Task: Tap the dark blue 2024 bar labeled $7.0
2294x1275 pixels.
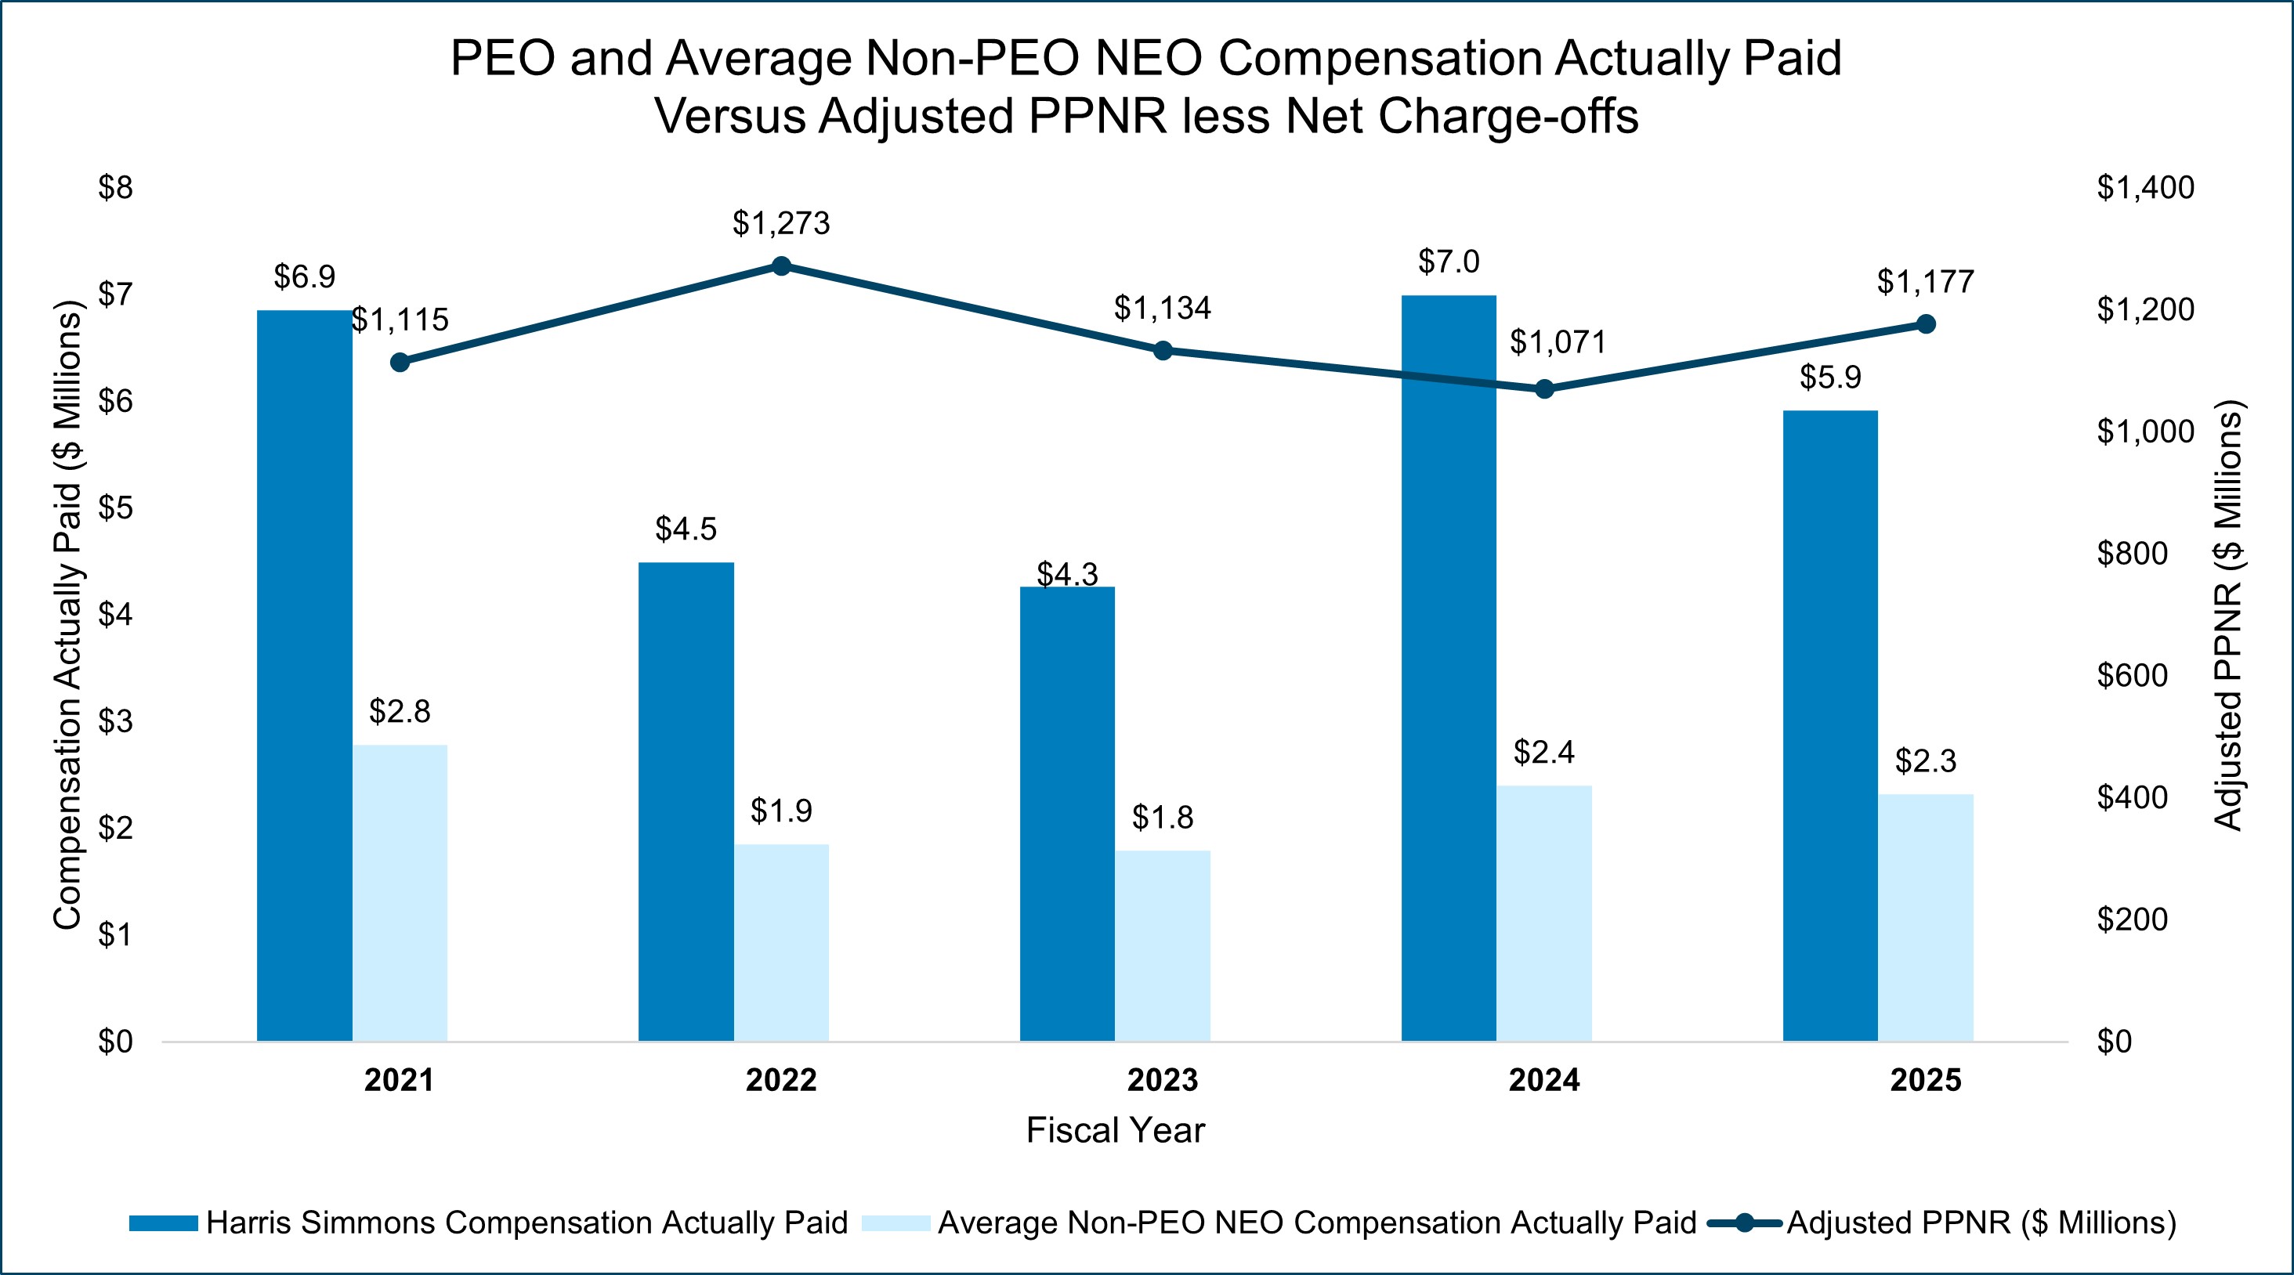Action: [x=1449, y=668]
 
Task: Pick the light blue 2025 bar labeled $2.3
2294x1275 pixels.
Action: [x=1925, y=917]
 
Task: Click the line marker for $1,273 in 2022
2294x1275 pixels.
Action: [x=781, y=266]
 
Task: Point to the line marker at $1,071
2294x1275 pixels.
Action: [x=1545, y=389]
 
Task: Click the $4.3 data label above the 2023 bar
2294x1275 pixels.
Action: [x=1067, y=574]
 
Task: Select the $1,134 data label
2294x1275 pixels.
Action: [x=1162, y=308]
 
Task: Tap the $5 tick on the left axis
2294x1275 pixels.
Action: [x=115, y=507]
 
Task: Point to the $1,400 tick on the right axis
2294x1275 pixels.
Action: [x=2144, y=188]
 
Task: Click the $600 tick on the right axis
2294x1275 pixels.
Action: [x=2132, y=676]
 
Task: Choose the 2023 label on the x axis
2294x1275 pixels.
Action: [x=1162, y=1080]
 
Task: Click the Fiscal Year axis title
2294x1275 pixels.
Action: [x=1115, y=1131]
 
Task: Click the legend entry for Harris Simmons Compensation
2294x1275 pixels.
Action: [x=526, y=1223]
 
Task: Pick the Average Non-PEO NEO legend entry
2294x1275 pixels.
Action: [x=1316, y=1223]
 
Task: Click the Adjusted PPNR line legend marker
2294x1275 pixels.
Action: [x=1745, y=1223]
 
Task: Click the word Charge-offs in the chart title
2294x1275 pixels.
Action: [x=1507, y=117]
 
